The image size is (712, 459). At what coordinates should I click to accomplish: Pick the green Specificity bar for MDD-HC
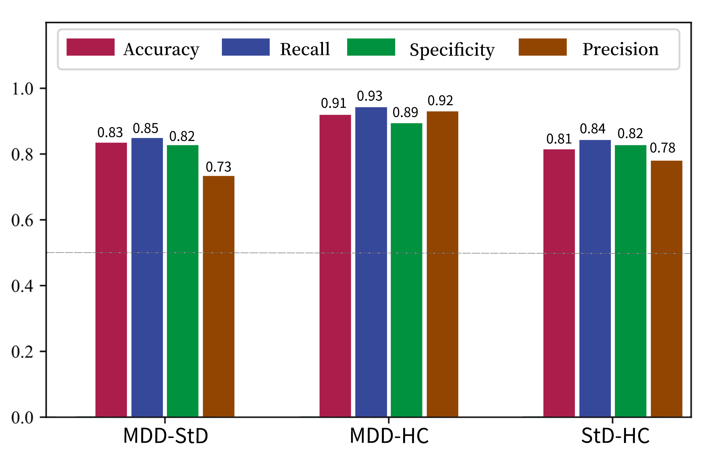[x=406, y=270]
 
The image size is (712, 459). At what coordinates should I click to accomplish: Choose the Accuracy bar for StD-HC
[x=559, y=283]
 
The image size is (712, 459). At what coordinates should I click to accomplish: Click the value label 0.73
[x=218, y=167]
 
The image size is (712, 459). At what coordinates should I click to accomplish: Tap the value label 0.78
[x=662, y=148]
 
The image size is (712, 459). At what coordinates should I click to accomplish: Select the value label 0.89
[x=405, y=112]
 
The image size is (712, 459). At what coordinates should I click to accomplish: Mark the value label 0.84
[x=592, y=129]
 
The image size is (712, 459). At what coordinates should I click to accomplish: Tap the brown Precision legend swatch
[x=542, y=47]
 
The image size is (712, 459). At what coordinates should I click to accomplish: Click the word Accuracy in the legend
[x=161, y=50]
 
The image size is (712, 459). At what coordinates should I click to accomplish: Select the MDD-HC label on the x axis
[x=389, y=436]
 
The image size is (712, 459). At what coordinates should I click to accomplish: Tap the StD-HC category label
[x=615, y=436]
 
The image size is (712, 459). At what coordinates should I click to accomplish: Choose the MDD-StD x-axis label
[x=165, y=436]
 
